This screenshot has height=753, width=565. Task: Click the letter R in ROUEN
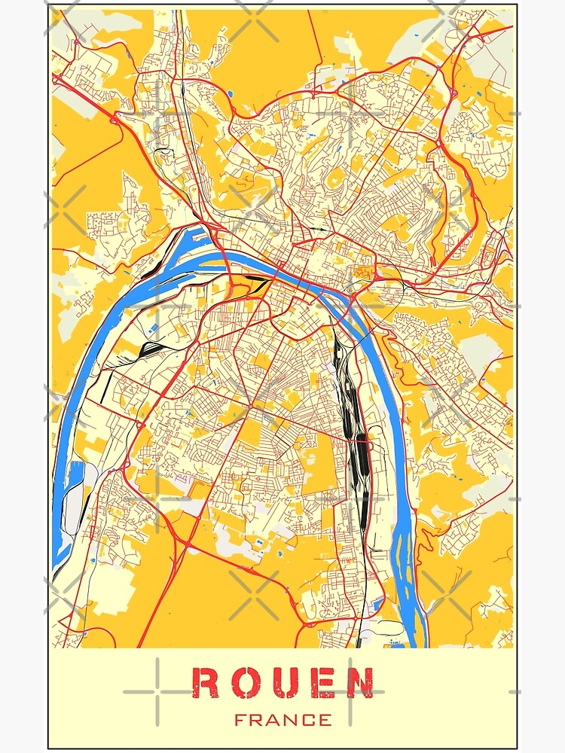[x=206, y=683]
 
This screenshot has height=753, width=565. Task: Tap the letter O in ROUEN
[x=244, y=683]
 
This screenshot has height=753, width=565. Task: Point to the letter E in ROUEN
[x=320, y=683]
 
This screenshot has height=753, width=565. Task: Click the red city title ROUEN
[x=282, y=683]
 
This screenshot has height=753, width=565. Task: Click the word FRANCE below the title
[x=282, y=720]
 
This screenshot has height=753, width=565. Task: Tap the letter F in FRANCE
[x=240, y=720]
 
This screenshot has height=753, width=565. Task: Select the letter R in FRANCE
[x=257, y=720]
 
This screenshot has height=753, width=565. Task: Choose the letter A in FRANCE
[x=274, y=720]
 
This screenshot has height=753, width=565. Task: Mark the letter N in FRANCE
[x=292, y=720]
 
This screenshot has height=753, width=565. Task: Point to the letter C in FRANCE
[x=308, y=720]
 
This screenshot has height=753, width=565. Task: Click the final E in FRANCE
[x=325, y=720]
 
